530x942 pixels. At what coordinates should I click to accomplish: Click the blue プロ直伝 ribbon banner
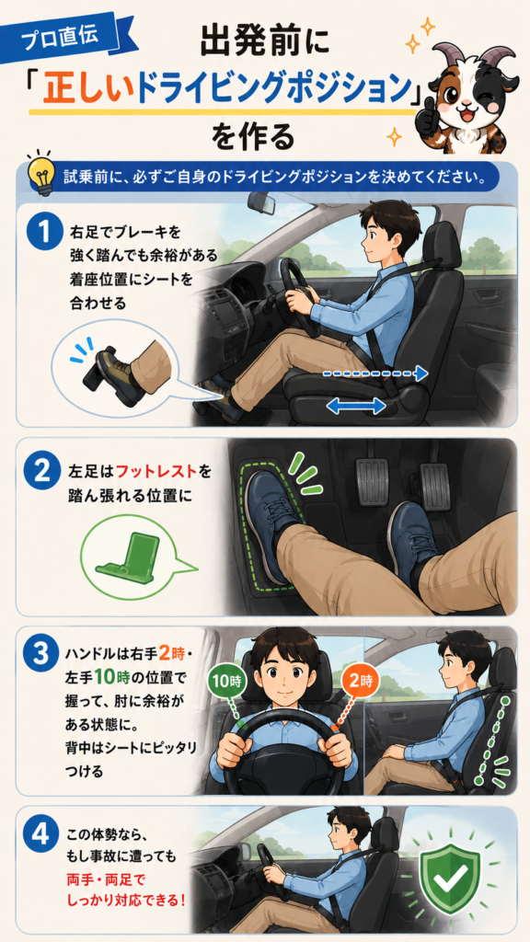click(x=77, y=37)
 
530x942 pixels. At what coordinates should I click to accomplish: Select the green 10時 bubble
click(x=227, y=682)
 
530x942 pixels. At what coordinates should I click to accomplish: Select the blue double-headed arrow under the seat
click(x=356, y=407)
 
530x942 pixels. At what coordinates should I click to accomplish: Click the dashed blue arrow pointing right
click(x=375, y=373)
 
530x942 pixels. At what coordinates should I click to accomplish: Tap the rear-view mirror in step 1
click(x=262, y=203)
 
